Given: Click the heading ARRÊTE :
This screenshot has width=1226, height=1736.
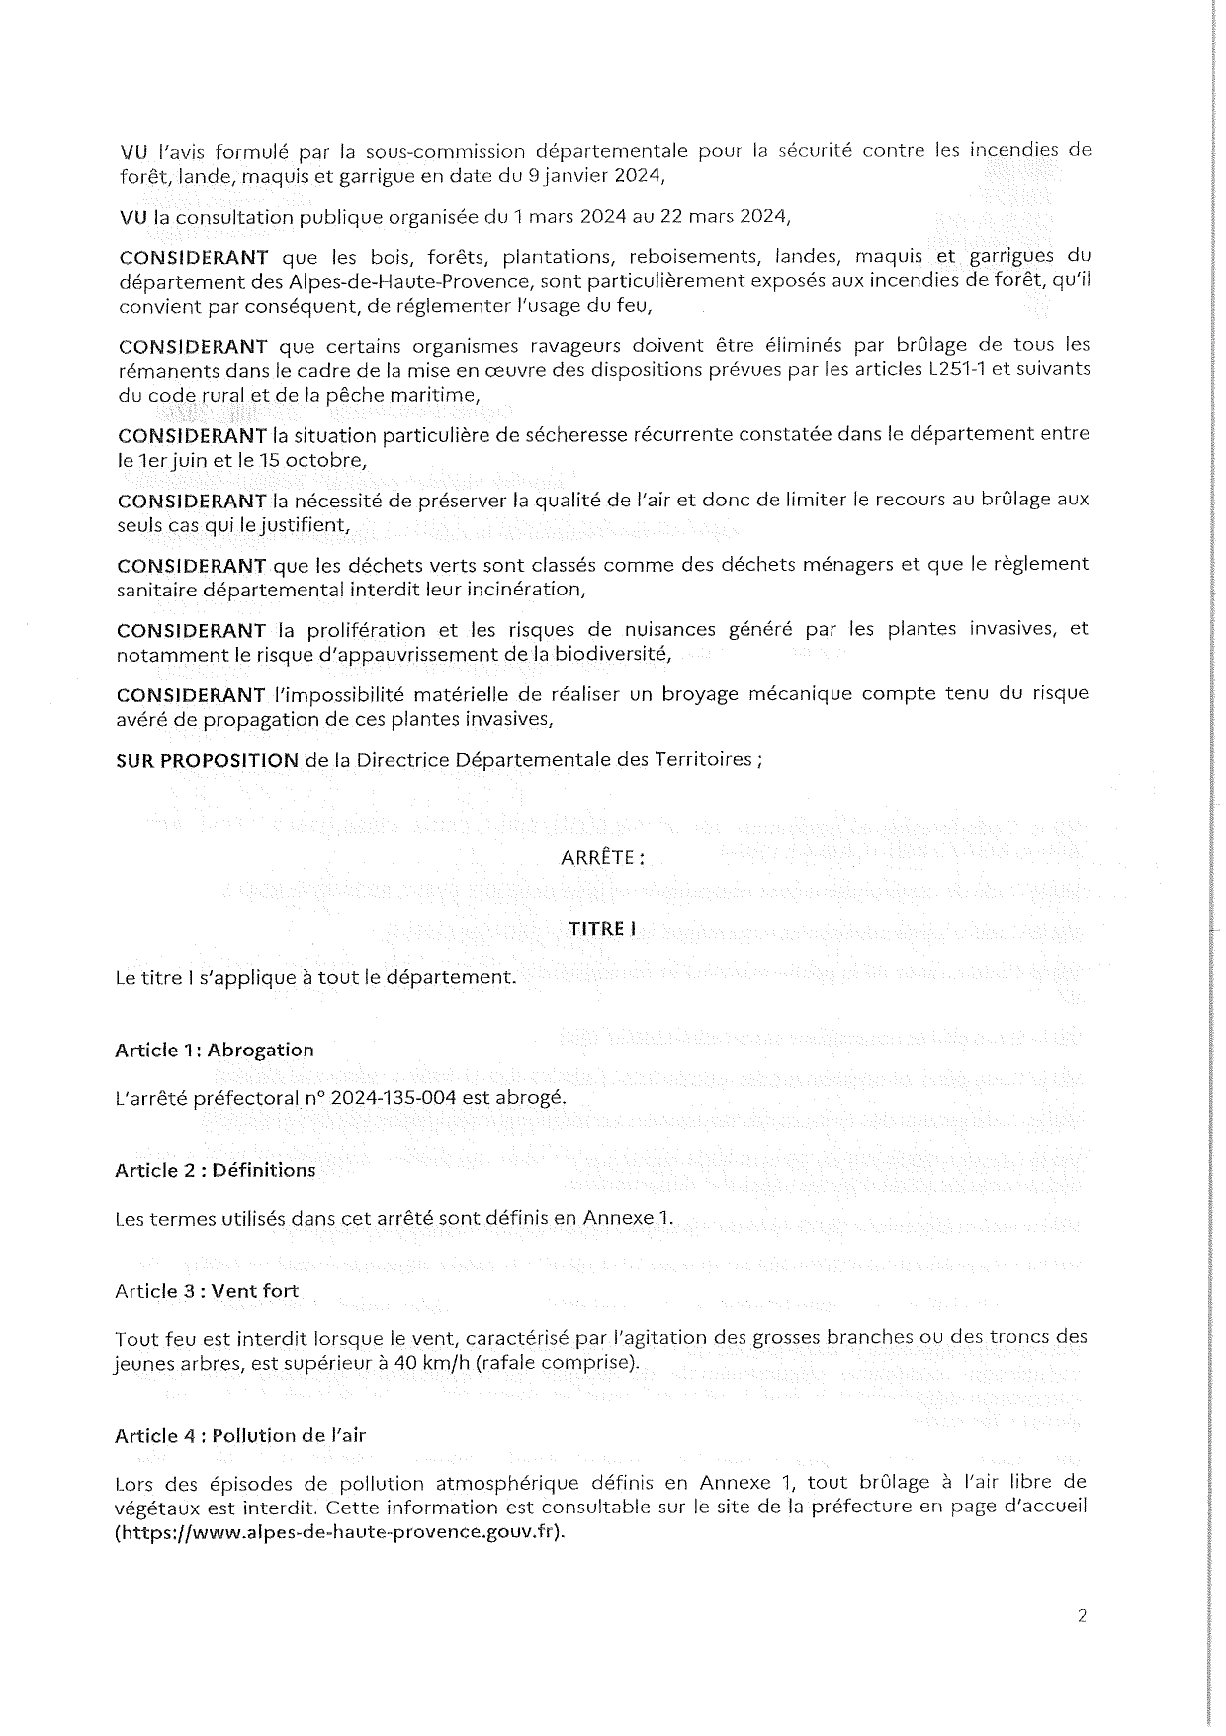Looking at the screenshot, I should pos(602,858).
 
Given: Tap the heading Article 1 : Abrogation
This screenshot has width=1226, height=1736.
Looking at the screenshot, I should pos(215,1050).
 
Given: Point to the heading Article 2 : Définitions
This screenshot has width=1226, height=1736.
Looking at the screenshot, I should pos(216,1170).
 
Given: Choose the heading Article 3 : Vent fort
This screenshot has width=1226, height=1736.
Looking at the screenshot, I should pos(207,1291).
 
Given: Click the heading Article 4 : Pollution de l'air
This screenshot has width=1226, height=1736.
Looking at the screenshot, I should pos(240,1435).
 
